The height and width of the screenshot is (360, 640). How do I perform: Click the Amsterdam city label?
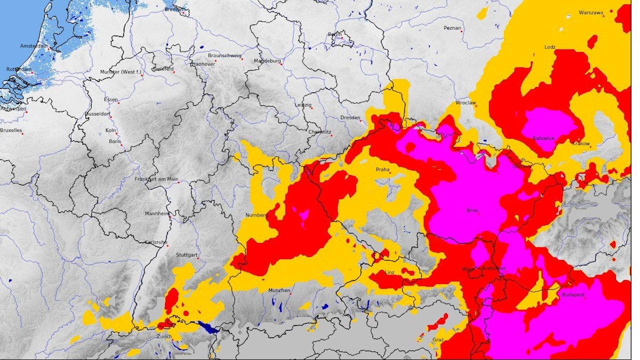click(34, 46)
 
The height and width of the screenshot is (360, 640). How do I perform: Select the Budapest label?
click(573, 295)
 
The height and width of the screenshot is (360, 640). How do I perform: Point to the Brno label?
click(472, 211)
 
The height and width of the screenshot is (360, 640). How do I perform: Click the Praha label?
click(382, 169)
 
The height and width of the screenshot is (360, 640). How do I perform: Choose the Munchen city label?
click(279, 290)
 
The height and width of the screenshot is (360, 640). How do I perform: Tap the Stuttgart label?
click(186, 255)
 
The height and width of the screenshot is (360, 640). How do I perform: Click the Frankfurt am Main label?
click(156, 179)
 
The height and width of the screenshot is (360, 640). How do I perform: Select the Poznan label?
click(452, 28)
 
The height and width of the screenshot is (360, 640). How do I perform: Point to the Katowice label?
click(543, 138)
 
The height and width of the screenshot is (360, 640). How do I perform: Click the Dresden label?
click(350, 117)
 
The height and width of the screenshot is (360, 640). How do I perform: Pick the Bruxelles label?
click(11, 130)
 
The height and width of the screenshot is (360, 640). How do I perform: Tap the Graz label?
click(438, 340)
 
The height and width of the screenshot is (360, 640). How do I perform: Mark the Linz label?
click(390, 272)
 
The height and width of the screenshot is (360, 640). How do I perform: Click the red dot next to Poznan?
click(462, 32)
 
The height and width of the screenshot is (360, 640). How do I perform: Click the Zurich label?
click(164, 336)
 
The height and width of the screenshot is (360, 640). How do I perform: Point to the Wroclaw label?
click(465, 103)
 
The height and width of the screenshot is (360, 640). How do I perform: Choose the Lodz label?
click(550, 47)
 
